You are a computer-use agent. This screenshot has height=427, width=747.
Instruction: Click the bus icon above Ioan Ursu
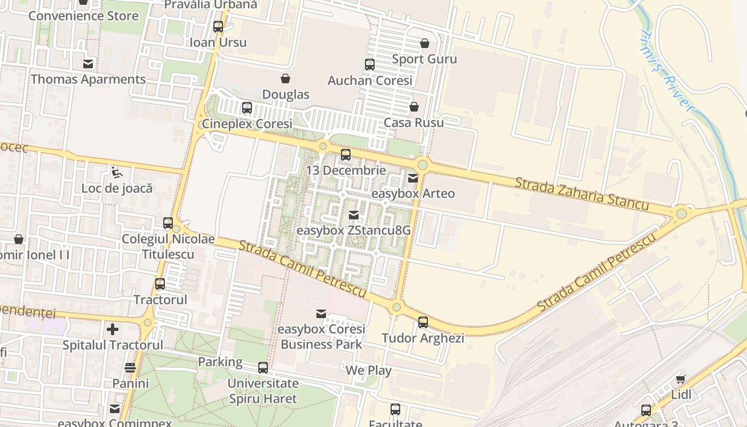coord(218,26)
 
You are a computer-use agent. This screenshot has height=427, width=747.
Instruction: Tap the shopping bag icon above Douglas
coord(285,78)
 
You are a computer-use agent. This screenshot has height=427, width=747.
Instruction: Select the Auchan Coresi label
coord(370,81)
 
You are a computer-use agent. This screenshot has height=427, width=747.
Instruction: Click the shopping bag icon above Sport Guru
coord(425,43)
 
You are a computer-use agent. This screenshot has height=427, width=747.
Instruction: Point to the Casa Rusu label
coord(414,123)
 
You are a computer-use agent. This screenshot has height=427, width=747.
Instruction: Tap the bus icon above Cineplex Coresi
coord(247,108)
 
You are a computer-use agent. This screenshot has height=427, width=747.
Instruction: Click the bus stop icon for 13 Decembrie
coord(346,155)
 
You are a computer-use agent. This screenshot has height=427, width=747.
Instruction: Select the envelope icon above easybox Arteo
coord(413,178)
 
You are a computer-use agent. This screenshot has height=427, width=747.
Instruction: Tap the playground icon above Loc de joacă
coord(116,172)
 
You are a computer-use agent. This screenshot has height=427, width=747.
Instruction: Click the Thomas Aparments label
coord(88,80)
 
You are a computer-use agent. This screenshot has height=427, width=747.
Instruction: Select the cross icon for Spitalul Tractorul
coord(113,329)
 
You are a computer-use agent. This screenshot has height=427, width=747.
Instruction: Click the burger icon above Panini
coord(130,368)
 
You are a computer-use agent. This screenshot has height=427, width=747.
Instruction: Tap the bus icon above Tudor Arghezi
coord(423,322)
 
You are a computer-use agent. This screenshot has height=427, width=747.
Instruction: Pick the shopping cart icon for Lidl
coord(681,379)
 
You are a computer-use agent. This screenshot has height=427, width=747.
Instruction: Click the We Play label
coord(369,370)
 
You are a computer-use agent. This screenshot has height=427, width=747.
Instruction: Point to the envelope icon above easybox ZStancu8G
coord(353,215)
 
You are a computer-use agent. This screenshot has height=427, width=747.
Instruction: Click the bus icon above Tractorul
coord(160,284)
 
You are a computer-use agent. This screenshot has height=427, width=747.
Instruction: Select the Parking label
coord(220,362)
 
